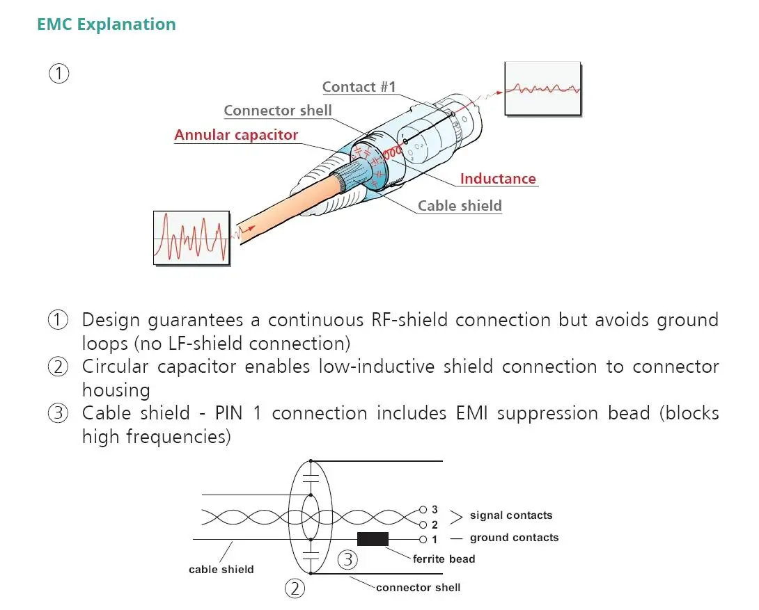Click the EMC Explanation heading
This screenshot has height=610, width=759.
click(107, 24)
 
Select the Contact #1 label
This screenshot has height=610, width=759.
click(359, 87)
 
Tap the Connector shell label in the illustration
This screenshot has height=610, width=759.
click(278, 111)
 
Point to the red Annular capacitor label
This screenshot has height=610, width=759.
click(236, 135)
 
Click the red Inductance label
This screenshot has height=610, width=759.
click(498, 179)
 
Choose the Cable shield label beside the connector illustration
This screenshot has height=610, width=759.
click(460, 206)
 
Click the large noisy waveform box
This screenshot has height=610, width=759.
click(191, 238)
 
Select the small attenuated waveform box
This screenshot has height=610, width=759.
click(542, 89)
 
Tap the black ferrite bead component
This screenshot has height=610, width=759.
click(373, 539)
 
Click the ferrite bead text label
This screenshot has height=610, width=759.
click(444, 559)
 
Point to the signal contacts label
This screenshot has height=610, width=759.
click(511, 515)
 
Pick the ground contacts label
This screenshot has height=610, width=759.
click(514, 538)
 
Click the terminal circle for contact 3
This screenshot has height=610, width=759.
click(423, 509)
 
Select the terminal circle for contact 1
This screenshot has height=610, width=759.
click(423, 540)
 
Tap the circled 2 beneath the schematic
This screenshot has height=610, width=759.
click(295, 588)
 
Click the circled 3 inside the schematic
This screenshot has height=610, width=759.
click(347, 560)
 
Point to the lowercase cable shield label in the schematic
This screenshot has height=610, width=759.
click(221, 570)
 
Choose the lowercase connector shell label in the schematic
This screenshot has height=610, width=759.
click(418, 587)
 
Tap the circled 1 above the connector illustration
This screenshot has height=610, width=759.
click(59, 74)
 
